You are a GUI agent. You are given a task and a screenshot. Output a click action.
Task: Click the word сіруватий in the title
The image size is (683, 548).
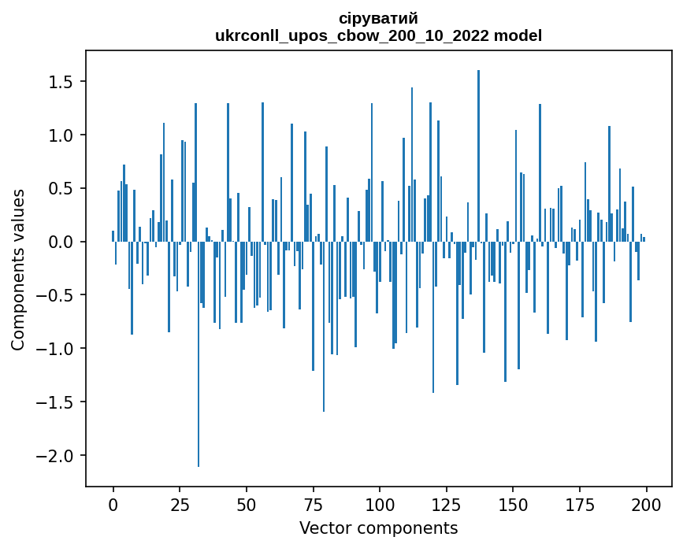coord(378,18)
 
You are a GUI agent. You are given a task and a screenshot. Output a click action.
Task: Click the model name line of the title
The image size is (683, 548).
coord(378,35)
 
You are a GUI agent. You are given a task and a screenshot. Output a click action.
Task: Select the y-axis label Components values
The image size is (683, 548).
coord(17,269)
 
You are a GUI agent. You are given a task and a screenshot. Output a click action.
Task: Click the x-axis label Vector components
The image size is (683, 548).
coord(378,528)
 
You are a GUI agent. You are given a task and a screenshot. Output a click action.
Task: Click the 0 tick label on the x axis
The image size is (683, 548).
coord(113,503)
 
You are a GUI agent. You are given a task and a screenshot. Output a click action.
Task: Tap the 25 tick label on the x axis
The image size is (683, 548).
coord(180,503)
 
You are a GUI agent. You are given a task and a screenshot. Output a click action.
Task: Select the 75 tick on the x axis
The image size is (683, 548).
coord(313,503)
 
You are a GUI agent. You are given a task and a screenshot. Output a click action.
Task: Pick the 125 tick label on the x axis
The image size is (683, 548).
coord(446,503)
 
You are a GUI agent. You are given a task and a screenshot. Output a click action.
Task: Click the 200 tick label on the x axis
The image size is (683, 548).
coord(646,503)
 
